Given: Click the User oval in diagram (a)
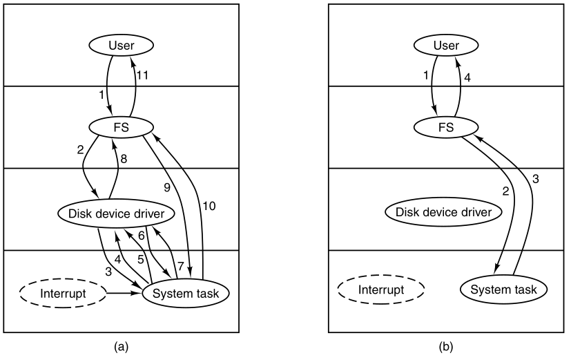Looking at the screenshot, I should [122, 46].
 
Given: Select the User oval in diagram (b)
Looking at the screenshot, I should [446, 46].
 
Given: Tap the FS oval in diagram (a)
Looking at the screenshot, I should [122, 127].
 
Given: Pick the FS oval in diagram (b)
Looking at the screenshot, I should [446, 127].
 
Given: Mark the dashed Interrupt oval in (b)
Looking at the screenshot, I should [381, 290].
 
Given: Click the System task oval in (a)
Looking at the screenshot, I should [185, 294].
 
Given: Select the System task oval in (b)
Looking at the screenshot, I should [503, 290].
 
